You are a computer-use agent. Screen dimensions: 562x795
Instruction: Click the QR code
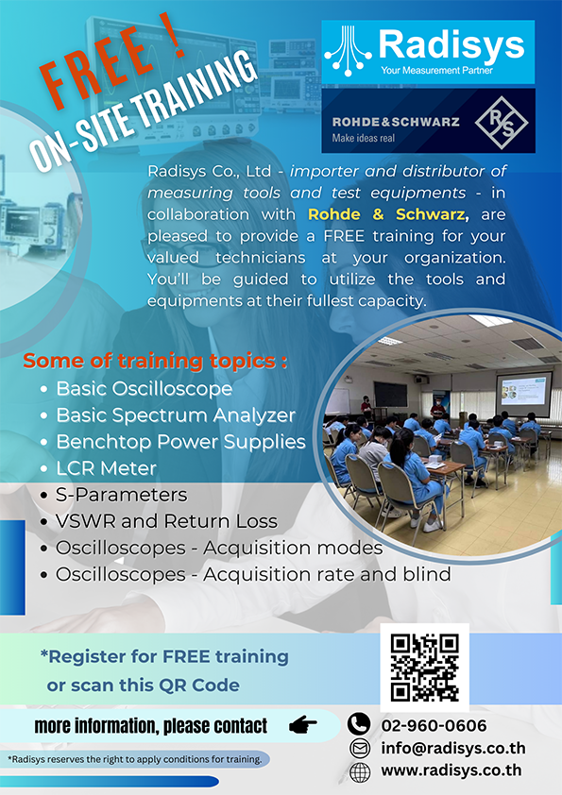coord(424,668)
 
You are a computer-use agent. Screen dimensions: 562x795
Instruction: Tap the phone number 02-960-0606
coord(434,725)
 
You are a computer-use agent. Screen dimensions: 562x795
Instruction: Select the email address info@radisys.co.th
coord(453,748)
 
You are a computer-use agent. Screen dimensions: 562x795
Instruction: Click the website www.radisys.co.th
coord(451,770)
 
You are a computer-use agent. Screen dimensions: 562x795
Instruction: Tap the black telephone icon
coord(359,724)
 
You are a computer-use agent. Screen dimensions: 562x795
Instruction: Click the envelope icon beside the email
coord(360,749)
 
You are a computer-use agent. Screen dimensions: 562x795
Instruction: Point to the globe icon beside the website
coord(360,772)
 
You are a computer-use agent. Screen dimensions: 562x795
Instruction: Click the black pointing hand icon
coord(303,725)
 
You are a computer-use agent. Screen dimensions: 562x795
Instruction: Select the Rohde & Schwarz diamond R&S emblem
coord(502,122)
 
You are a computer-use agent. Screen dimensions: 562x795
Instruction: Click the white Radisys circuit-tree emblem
coord(348,51)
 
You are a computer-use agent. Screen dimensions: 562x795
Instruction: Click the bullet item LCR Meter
coord(106,468)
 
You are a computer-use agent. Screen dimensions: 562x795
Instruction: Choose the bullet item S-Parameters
coord(121,495)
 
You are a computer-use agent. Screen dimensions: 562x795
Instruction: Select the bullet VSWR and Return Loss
coord(167,521)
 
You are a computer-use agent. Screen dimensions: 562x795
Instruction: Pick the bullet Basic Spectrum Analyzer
coord(176,415)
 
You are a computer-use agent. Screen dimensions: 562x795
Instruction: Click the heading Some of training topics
coord(155,361)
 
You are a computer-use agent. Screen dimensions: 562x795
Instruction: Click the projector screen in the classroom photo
coord(523,390)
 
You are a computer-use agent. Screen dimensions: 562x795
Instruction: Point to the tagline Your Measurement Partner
coord(436,70)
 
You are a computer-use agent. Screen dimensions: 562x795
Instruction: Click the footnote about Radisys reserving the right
coord(134,759)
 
